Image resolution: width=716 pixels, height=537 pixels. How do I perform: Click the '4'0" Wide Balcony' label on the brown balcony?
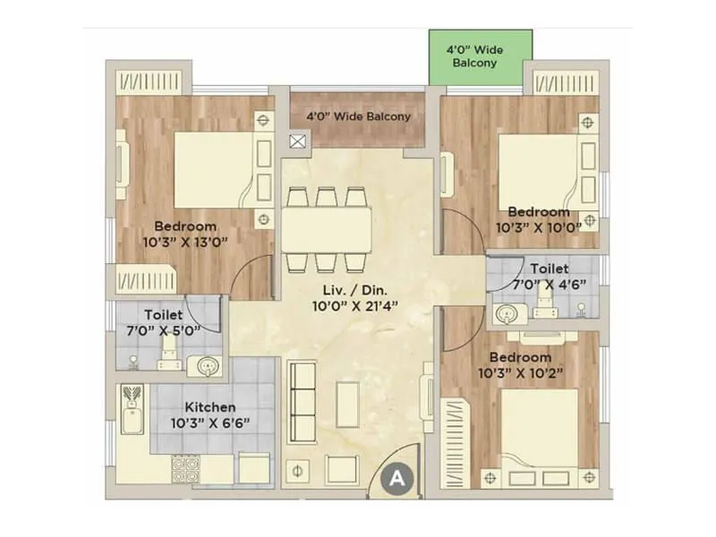[358, 117]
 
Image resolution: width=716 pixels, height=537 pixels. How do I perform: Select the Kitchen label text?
[211, 406]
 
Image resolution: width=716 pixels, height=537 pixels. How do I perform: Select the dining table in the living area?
[328, 230]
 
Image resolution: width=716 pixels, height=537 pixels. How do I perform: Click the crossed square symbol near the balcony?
[298, 140]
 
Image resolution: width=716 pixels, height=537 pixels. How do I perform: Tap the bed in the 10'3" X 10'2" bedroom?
[538, 430]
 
